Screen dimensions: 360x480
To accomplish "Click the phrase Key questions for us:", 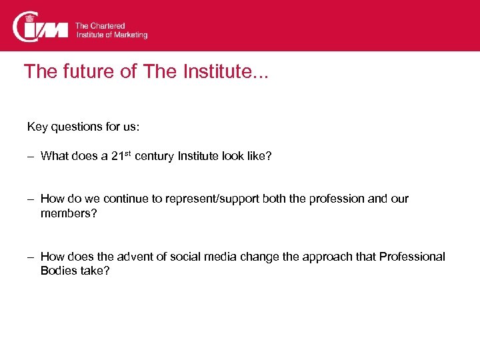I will click(x=83, y=126).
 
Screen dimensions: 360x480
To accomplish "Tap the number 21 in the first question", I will click(x=117, y=157).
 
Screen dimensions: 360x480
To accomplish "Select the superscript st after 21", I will click(x=128, y=153).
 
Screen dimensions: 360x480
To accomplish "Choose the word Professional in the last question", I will click(x=412, y=257).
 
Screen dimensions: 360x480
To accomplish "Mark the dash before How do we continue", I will click(x=31, y=199).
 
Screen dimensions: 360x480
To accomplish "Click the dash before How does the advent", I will click(x=31, y=257).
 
